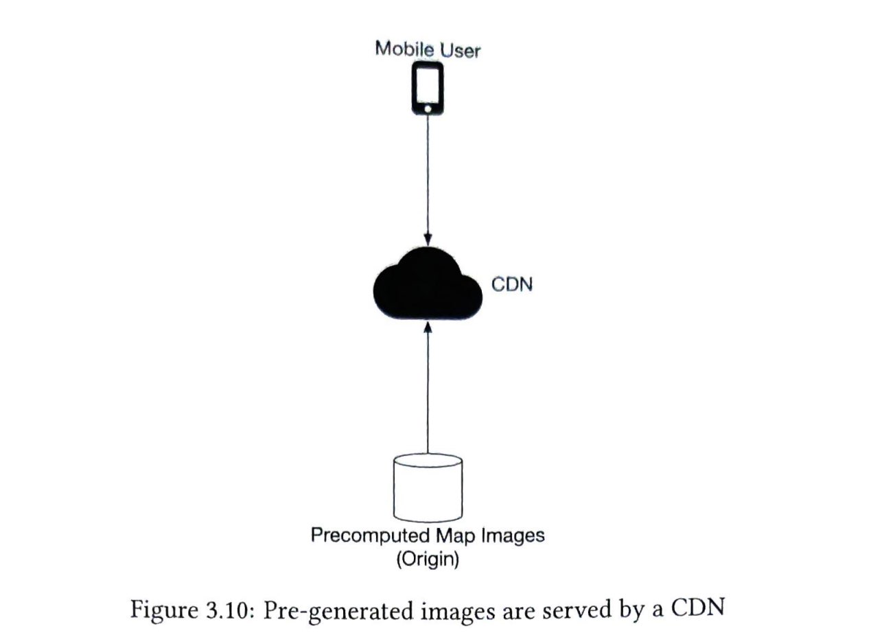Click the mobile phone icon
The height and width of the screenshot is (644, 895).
pos(428,89)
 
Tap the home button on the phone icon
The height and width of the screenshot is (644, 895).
pos(428,108)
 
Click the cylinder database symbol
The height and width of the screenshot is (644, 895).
pos(428,488)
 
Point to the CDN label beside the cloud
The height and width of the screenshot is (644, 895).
pos(512,284)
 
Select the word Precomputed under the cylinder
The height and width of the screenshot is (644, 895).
pos(364,536)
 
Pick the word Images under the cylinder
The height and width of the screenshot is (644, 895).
pos(509,536)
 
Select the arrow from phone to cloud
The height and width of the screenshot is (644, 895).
pos(428,179)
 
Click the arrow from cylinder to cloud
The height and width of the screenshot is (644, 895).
pos(428,391)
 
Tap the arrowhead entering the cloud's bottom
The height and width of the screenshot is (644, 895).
pos(428,330)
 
